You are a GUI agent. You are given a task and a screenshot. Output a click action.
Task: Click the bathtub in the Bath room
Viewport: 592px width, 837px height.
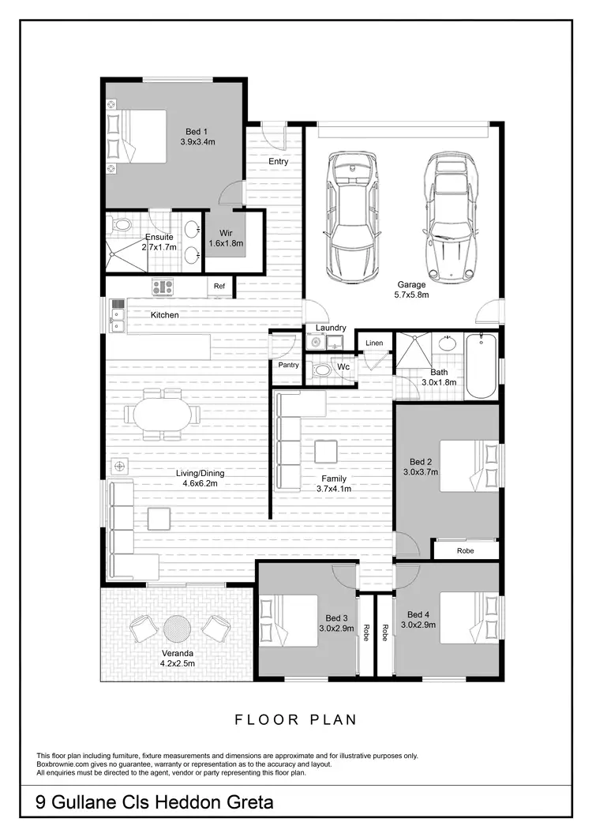point(481,366)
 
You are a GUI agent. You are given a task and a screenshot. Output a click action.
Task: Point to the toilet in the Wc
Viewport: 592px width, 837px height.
point(321,369)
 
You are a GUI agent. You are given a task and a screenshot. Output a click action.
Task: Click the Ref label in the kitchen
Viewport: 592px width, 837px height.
point(220,287)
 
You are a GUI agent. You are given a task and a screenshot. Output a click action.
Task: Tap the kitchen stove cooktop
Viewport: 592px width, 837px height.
point(163,287)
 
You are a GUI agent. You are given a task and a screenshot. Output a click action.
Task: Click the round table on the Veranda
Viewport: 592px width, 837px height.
point(177,629)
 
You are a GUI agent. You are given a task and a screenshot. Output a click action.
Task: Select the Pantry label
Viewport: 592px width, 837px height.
point(287,365)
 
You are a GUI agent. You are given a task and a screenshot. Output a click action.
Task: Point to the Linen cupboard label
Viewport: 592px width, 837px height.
point(374,343)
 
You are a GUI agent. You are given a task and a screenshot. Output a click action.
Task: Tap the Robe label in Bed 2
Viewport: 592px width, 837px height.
point(465,550)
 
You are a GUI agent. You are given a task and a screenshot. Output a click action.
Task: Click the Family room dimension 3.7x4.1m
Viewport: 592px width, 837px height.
point(333,489)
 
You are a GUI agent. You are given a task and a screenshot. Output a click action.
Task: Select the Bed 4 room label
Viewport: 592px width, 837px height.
point(419,614)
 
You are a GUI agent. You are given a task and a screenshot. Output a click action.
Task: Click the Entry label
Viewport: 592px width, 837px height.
point(278,162)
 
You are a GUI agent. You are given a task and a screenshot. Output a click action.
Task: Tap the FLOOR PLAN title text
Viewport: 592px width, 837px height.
point(296,719)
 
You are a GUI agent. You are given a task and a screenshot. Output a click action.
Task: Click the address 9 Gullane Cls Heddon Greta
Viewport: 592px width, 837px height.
point(155,802)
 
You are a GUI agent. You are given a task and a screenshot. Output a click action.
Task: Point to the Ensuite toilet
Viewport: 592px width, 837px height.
point(122,225)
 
